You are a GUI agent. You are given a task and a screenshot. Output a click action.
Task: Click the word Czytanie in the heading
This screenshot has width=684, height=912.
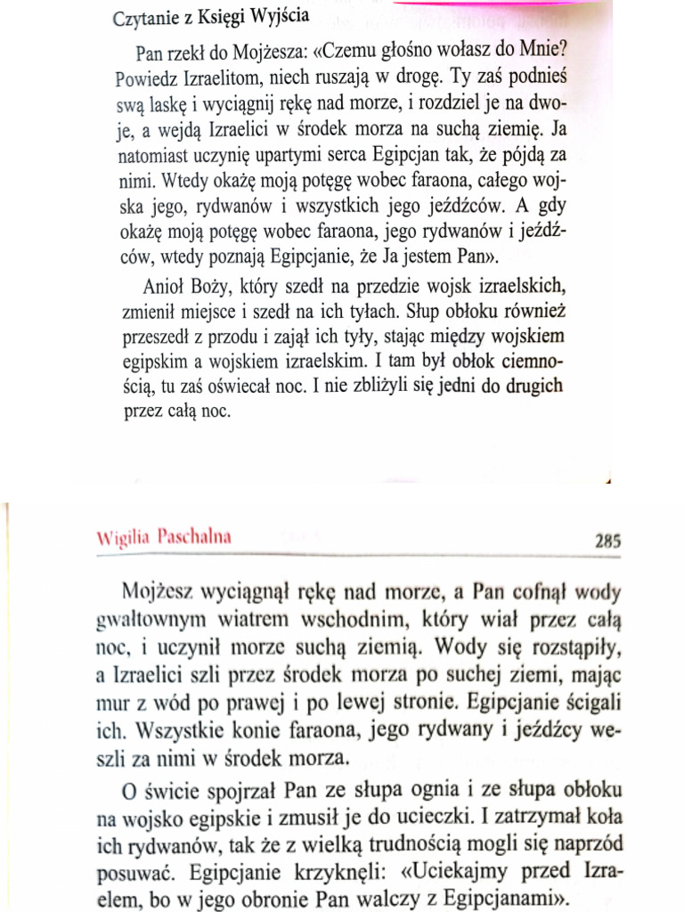pyautogui.click(x=146, y=19)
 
